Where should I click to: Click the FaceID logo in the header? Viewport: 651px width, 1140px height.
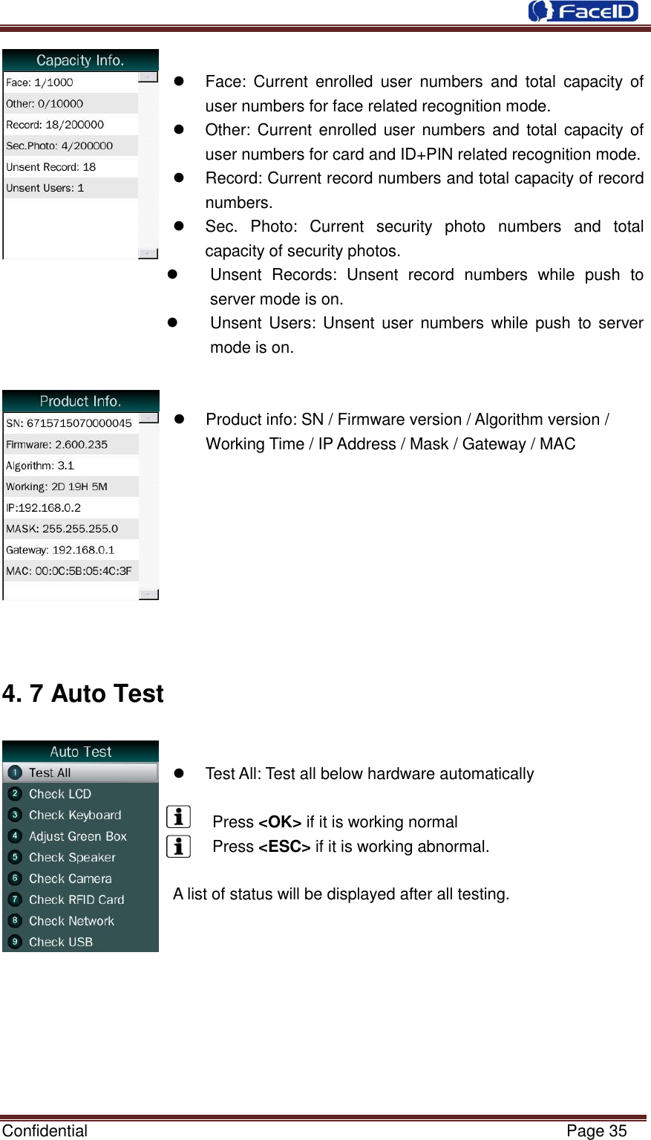point(583,11)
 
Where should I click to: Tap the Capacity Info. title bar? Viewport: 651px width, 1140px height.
point(80,60)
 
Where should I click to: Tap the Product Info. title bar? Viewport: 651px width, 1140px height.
point(80,401)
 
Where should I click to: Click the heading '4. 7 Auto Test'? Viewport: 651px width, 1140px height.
point(83,694)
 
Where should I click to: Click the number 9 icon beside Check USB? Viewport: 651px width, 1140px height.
point(14,942)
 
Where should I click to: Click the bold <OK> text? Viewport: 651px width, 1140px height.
point(280,822)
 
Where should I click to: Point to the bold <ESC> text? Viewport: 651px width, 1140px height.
point(284,847)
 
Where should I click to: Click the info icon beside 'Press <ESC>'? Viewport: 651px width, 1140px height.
point(179,846)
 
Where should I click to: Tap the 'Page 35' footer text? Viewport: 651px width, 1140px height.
point(596,1130)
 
